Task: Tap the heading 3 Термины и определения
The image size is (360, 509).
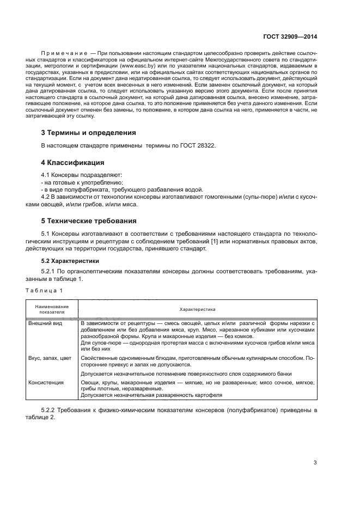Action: point(89,132)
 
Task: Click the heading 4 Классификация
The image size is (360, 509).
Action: point(74,162)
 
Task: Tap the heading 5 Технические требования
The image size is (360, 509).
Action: point(89,220)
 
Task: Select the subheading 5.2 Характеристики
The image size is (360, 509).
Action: point(69,261)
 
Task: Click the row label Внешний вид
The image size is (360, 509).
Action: point(45,323)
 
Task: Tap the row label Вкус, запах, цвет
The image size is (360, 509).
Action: point(50,358)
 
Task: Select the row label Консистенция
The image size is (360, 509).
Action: point(46,383)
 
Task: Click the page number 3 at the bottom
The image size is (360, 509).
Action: point(315,463)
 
